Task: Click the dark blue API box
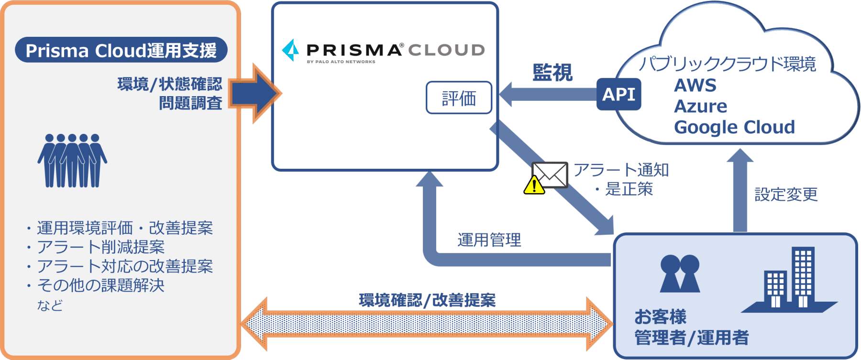click(618, 94)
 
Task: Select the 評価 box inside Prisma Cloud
click(459, 98)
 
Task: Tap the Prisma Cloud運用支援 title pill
click(121, 50)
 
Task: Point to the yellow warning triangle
click(534, 185)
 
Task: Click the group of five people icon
click(72, 161)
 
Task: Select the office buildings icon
click(789, 280)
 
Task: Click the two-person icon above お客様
click(680, 273)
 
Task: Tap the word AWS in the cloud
click(695, 86)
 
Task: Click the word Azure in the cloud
click(700, 106)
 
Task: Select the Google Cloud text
click(734, 127)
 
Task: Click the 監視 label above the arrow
click(552, 73)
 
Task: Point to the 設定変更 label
click(786, 195)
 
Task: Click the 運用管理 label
click(489, 240)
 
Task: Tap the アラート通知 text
click(621, 170)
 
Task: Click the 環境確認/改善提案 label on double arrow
click(427, 300)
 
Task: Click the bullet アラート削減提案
click(100, 247)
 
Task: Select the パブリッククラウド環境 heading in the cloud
click(727, 64)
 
